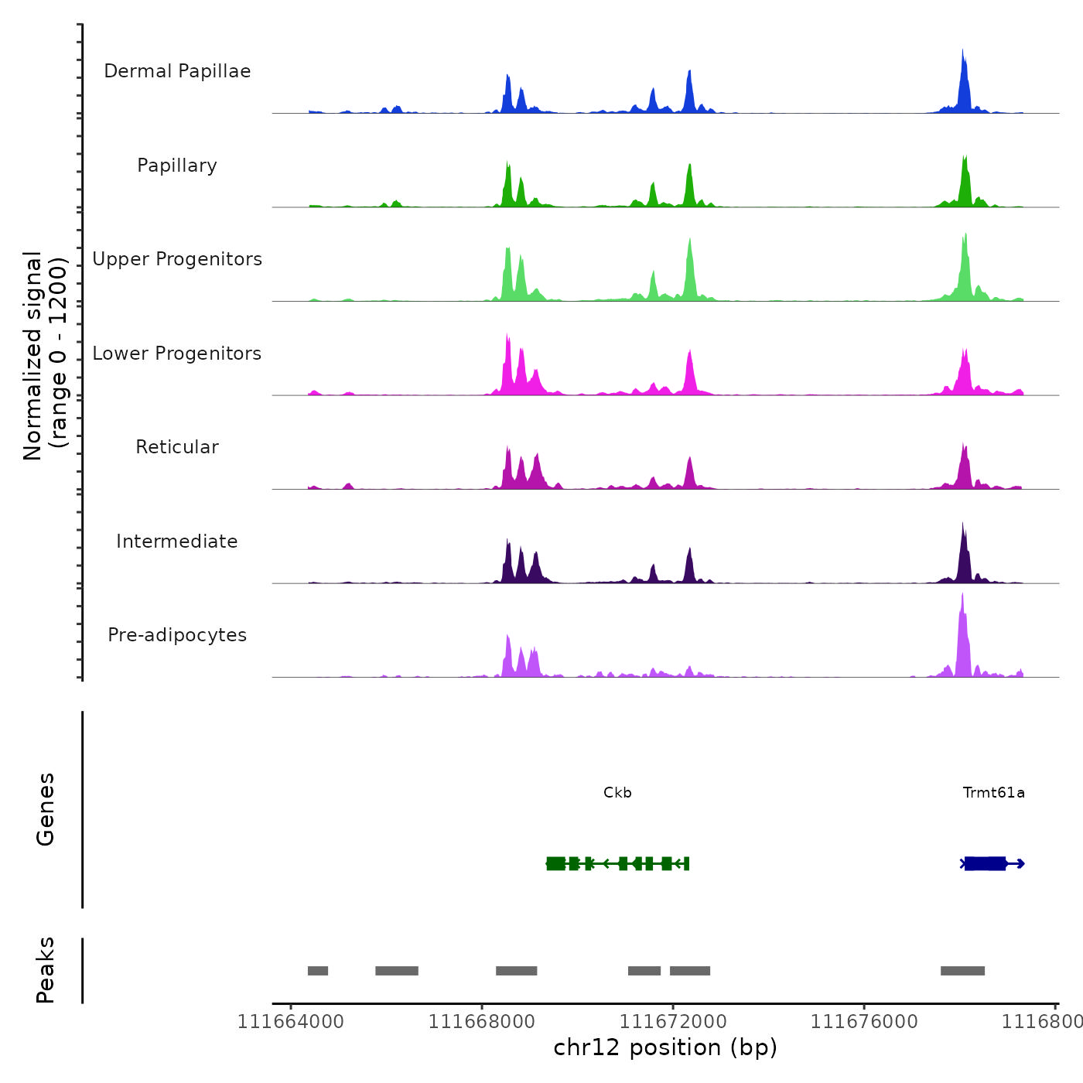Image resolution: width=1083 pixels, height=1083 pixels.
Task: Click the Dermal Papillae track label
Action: click(x=177, y=71)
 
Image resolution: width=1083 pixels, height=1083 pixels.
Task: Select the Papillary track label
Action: click(x=177, y=166)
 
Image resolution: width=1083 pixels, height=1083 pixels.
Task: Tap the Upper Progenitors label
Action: click(x=177, y=259)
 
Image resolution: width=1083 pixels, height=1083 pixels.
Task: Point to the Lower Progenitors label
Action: click(x=177, y=354)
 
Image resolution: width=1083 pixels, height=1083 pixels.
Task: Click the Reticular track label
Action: click(x=177, y=447)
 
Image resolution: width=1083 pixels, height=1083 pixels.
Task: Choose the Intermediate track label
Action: click(x=177, y=541)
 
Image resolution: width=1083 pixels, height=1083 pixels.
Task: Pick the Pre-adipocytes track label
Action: click(x=177, y=635)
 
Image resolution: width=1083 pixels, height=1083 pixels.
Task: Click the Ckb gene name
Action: click(x=617, y=793)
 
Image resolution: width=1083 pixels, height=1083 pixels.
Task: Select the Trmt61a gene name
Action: click(x=993, y=793)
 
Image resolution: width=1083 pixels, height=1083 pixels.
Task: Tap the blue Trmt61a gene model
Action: click(x=986, y=863)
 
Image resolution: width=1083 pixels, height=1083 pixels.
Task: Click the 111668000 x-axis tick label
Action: click(x=481, y=1022)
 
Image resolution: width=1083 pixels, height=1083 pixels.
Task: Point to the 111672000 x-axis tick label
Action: click(x=673, y=1022)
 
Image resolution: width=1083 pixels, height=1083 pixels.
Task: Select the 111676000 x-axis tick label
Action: click(x=864, y=1022)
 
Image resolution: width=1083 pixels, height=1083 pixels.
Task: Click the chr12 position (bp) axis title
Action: click(x=665, y=1047)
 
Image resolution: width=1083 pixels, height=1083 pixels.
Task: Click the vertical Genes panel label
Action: click(x=46, y=809)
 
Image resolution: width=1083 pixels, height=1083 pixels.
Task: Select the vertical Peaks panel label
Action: click(x=46, y=970)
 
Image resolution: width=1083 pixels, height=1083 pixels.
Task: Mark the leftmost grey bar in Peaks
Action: click(x=318, y=971)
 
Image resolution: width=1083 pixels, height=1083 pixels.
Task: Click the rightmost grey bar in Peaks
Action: click(x=962, y=971)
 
